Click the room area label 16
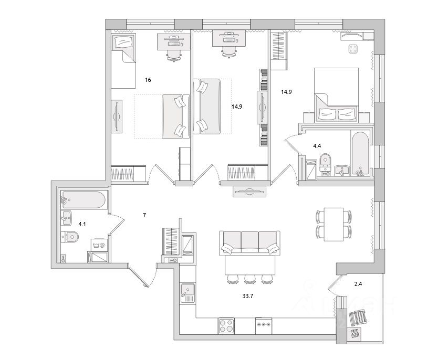[148, 80]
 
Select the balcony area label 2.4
[358, 284]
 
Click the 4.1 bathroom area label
[82, 225]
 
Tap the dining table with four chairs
[333, 224]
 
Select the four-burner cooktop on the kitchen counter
[226, 325]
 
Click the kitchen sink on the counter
[187, 291]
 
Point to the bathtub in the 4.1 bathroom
[85, 200]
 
